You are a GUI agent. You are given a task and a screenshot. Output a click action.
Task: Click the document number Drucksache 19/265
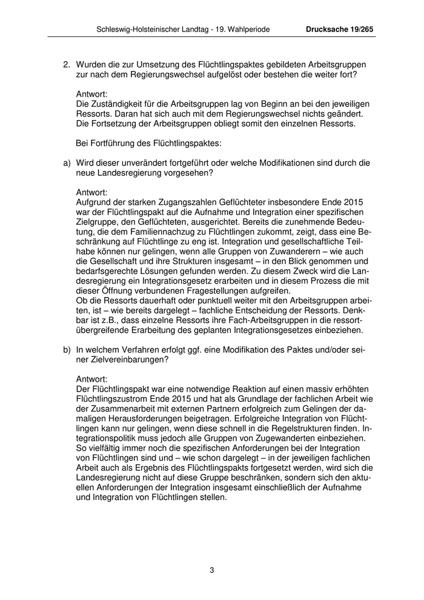(340, 28)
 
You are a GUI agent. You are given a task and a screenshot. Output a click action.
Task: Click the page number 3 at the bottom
(212, 570)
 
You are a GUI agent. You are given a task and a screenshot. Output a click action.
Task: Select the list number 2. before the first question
(67, 64)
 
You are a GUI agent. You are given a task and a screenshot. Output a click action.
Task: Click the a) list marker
(67, 163)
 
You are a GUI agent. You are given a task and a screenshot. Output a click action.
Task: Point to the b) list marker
(67, 350)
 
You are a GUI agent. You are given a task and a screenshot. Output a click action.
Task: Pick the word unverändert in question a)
(154, 163)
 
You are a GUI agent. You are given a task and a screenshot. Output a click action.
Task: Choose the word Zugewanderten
(288, 438)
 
